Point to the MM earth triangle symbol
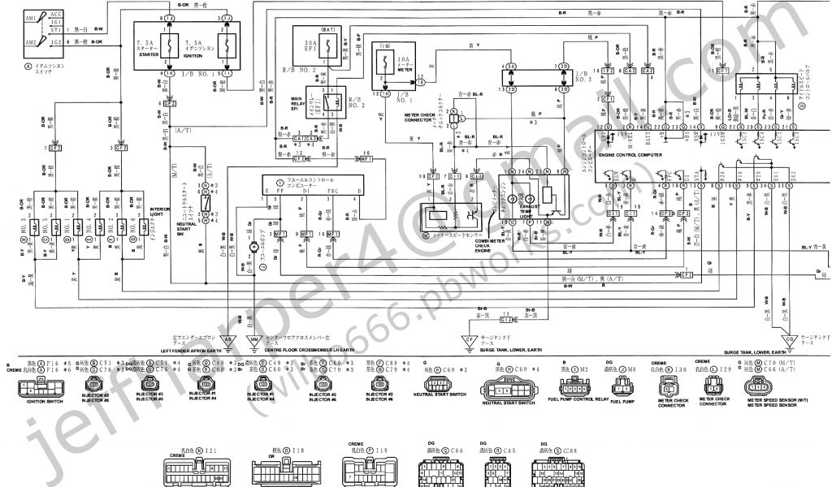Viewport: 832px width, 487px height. pyautogui.click(x=255, y=340)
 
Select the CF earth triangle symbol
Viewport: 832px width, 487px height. pyautogui.click(x=469, y=340)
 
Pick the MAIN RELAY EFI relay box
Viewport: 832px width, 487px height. pyautogui.click(x=330, y=102)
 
